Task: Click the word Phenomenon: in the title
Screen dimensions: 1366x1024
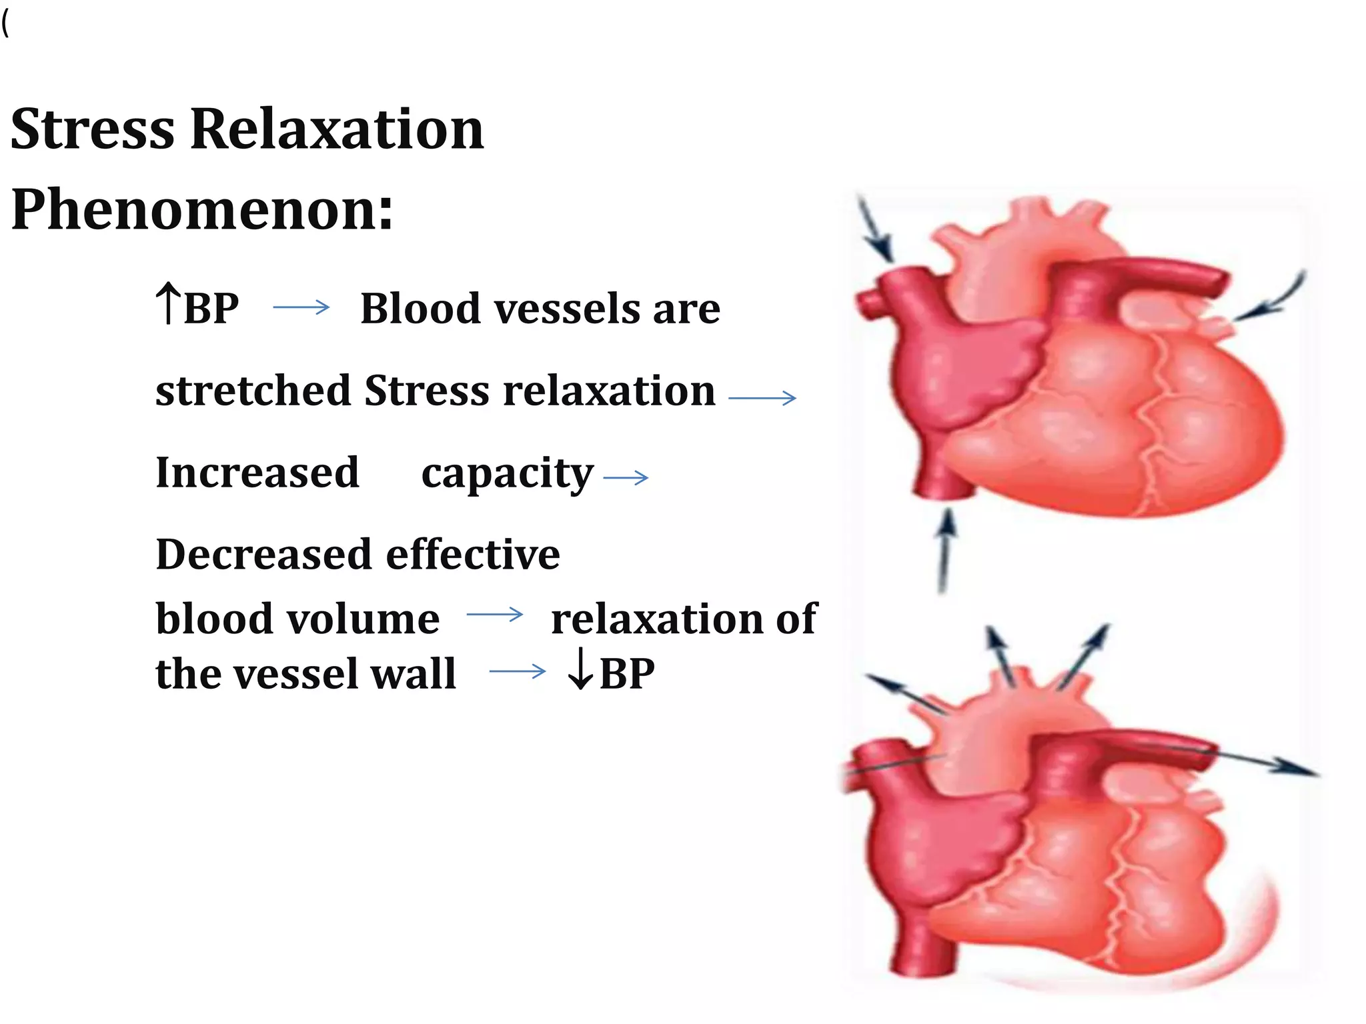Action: [x=202, y=209]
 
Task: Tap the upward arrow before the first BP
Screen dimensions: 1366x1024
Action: [x=167, y=303]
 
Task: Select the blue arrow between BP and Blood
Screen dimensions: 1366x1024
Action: [x=301, y=307]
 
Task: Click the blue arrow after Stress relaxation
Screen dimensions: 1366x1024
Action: [x=762, y=398]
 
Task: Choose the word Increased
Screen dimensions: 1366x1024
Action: [x=257, y=473]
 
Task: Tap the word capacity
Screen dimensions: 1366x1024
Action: [x=507, y=475]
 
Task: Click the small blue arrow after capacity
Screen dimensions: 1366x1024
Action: [x=625, y=477]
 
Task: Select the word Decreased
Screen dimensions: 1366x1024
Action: [x=264, y=555]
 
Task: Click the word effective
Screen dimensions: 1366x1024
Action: [x=473, y=555]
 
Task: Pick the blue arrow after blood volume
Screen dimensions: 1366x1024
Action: [x=494, y=614]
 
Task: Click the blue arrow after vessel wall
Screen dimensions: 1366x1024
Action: [x=517, y=671]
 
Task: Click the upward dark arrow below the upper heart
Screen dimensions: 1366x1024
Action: [x=945, y=550]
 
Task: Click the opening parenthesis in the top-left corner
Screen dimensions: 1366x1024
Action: [x=6, y=25]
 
